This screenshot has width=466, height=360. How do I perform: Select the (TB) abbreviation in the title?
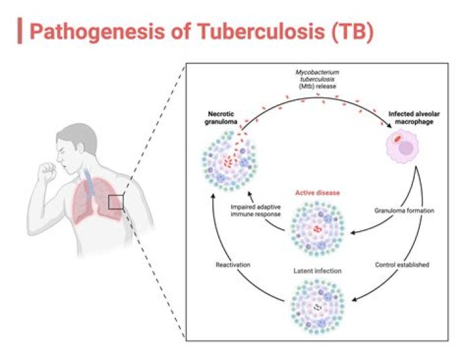tap(349, 32)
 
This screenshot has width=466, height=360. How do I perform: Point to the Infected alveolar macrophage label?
tap(412, 118)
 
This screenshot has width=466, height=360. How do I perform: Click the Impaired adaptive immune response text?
tap(257, 210)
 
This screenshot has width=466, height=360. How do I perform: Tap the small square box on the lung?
tap(116, 203)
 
